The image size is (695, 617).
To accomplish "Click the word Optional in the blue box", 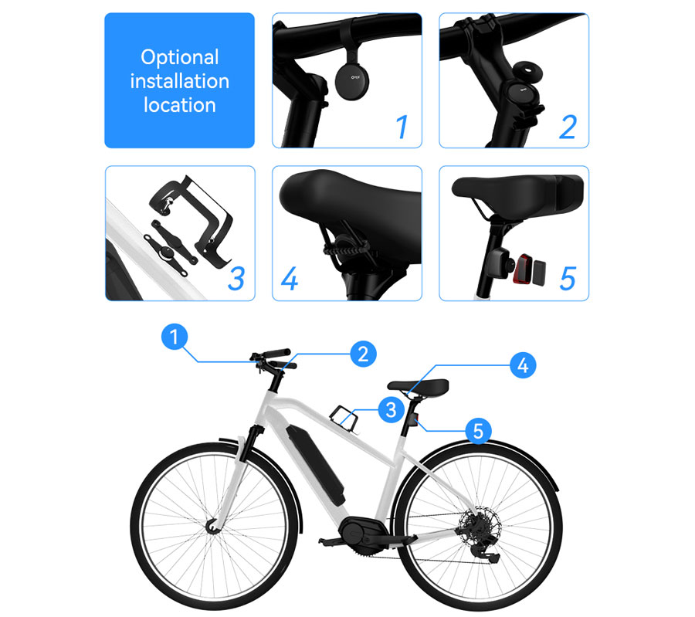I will pos(179,57).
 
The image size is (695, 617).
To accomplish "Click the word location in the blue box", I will pos(179,105).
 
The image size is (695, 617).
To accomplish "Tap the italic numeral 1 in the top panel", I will pos(402,127).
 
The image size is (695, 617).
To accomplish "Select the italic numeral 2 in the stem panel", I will pos(568,127).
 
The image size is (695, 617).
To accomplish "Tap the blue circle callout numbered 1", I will pos(176,337).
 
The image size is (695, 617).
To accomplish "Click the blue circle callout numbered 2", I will pos(361,354).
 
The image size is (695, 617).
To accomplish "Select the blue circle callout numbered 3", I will pos(392,409).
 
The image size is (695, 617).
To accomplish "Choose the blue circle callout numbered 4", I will pos(523,365).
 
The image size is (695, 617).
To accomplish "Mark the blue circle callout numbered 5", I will pos(478,431).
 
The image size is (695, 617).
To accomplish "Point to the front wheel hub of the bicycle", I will pos(211,527).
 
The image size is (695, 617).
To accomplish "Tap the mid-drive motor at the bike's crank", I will pos(360,533).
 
